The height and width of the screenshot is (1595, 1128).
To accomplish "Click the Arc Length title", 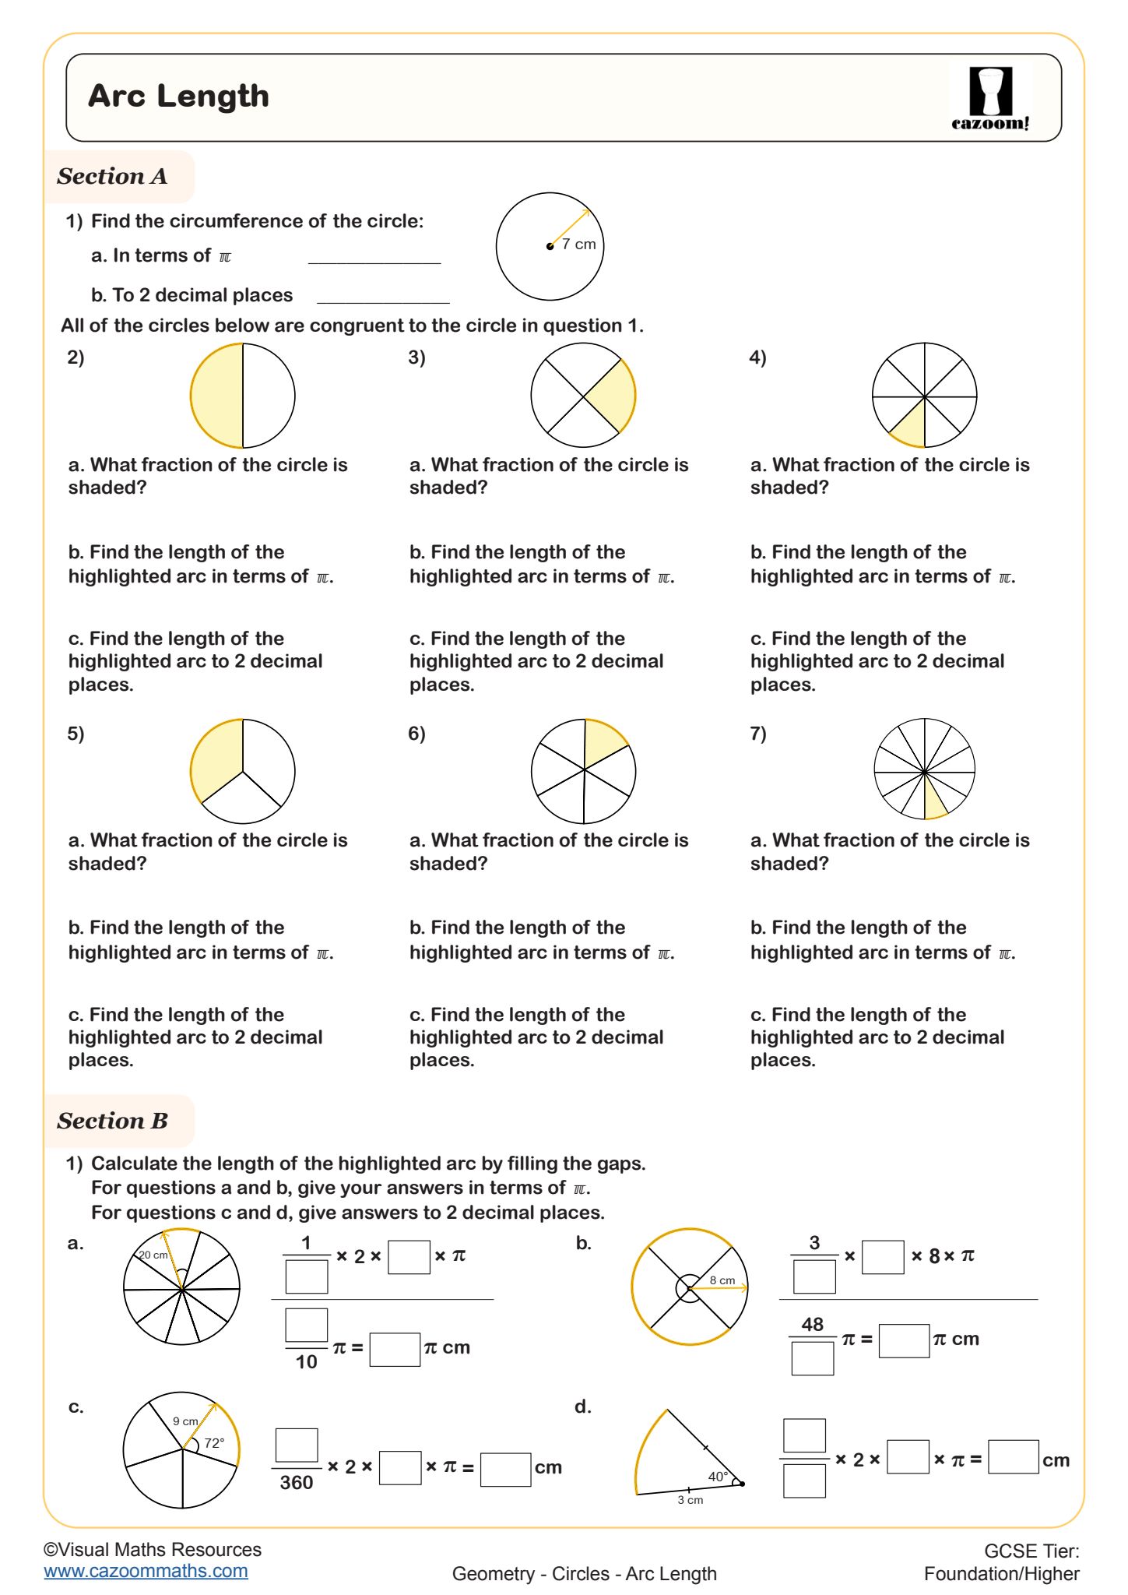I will [178, 96].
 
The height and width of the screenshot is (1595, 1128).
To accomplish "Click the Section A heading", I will [112, 176].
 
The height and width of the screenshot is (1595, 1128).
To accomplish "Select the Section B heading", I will [112, 1121].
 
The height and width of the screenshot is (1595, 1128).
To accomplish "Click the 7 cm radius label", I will [578, 244].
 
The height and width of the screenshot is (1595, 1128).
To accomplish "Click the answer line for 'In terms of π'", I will [374, 257].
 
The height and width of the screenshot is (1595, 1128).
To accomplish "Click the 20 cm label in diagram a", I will [153, 1255].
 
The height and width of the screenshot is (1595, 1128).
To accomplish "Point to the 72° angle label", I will [214, 1443].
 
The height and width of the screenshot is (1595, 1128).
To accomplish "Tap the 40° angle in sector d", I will [718, 1476].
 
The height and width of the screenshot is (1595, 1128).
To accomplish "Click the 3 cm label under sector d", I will [690, 1500].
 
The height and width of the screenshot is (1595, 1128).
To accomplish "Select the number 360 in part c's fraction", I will [296, 1482].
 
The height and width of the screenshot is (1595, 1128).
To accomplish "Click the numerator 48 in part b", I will [812, 1324].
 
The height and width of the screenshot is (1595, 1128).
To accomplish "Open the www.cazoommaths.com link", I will [146, 1571].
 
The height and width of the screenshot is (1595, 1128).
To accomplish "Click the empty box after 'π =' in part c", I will [505, 1469].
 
